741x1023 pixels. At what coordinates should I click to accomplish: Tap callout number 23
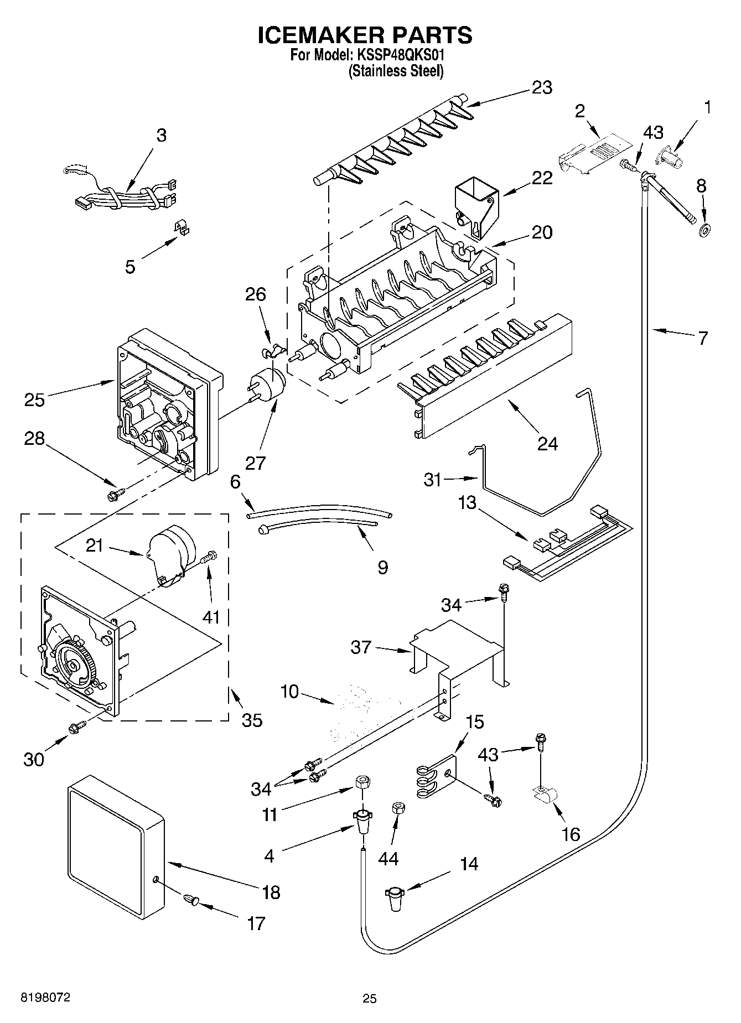click(542, 87)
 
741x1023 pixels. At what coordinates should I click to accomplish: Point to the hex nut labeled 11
click(362, 783)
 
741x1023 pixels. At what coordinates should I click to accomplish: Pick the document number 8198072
click(45, 998)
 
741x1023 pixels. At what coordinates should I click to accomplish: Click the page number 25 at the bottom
click(370, 999)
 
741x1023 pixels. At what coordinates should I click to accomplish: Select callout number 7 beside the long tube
click(703, 338)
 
